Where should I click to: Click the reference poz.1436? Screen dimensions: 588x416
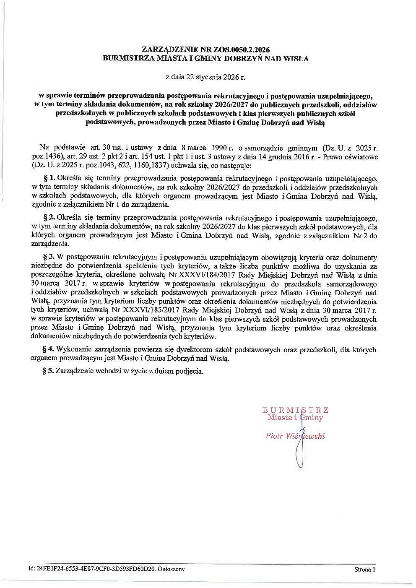tap(47, 157)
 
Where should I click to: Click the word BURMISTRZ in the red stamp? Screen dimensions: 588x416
tap(296, 409)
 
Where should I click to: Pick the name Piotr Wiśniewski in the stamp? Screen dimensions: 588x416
tap(295, 436)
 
